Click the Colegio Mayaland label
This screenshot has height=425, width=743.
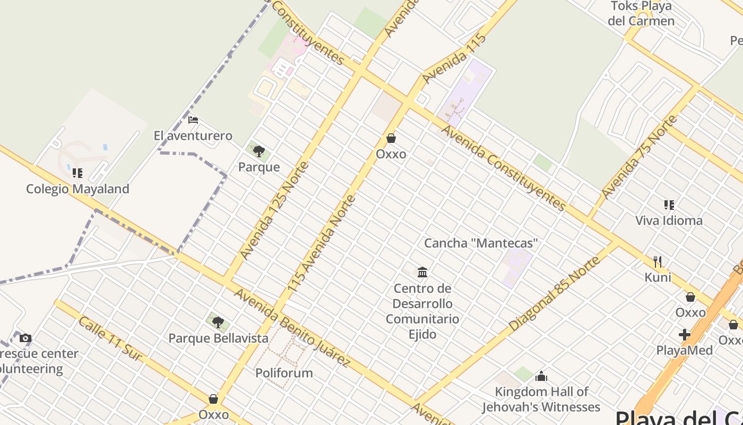point(77,189)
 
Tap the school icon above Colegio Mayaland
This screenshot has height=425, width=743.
point(77,173)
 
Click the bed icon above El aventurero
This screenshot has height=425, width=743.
point(193,120)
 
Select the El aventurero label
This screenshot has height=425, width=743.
point(193,135)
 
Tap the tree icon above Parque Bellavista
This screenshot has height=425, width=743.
point(218,322)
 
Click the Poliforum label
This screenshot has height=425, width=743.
point(284,373)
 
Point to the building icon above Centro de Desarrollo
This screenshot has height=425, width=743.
point(422,273)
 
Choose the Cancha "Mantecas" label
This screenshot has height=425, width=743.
point(481,243)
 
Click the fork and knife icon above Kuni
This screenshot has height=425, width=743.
point(658,261)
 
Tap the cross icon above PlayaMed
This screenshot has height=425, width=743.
point(685,335)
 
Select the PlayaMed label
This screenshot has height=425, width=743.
point(685,350)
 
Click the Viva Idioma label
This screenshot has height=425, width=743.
point(669,220)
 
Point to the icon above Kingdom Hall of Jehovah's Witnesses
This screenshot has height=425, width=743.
point(541,377)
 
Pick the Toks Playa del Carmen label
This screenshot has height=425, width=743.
point(641,14)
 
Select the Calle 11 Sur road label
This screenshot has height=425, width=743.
point(110,338)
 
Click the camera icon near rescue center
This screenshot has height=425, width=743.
point(25,338)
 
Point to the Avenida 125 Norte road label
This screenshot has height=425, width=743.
point(274,211)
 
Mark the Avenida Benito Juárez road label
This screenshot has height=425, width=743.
point(292,328)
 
